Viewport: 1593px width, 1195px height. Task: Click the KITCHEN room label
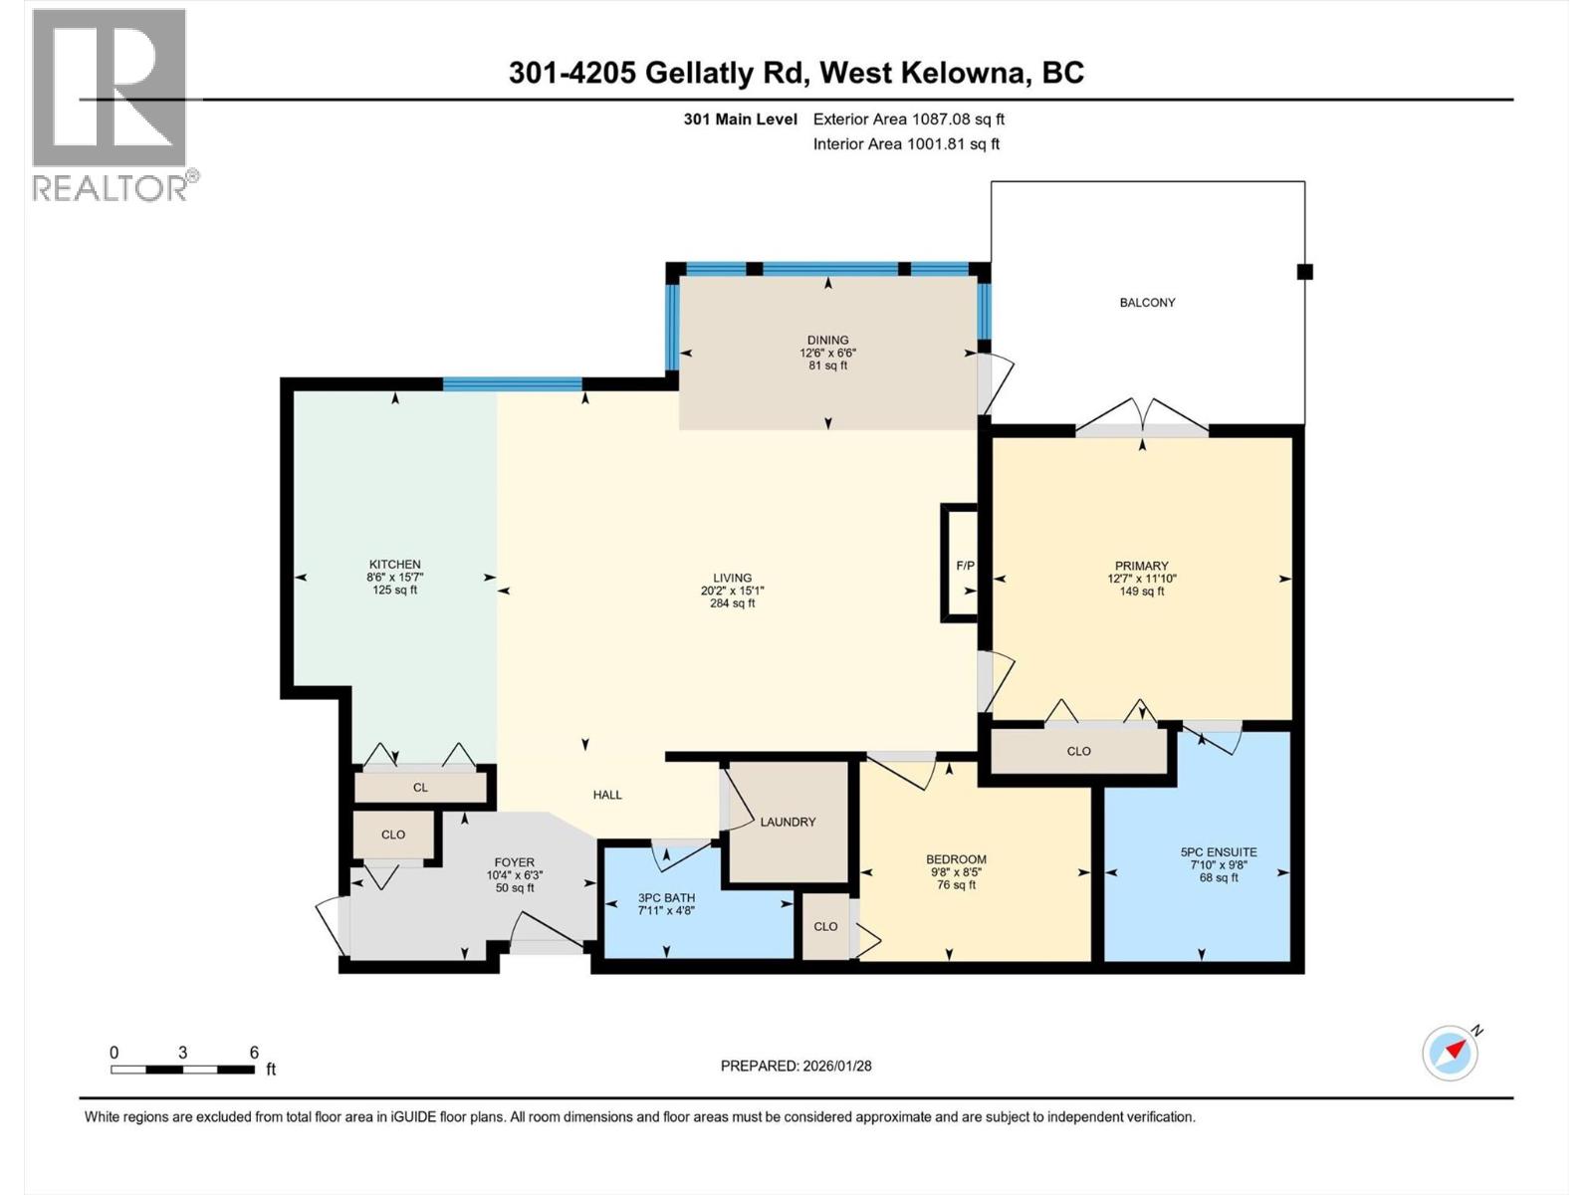394,564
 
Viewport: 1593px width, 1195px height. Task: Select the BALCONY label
1147,302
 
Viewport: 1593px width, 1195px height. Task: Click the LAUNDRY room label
788,822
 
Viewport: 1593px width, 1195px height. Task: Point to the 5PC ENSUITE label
1219,851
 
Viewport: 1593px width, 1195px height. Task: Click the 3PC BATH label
666,897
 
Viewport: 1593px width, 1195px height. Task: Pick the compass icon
1450,1053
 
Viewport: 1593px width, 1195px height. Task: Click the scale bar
182,1070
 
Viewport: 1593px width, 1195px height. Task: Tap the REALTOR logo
110,105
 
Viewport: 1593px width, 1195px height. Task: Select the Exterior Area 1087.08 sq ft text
908,119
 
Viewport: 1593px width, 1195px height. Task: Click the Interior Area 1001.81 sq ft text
906,143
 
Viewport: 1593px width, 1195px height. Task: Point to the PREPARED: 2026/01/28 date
796,1066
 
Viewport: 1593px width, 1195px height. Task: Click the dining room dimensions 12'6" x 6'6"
827,353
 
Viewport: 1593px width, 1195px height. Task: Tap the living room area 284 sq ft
732,602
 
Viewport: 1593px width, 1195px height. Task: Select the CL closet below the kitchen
420,787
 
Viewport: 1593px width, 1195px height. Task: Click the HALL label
607,794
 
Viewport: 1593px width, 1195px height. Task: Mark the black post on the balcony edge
1305,271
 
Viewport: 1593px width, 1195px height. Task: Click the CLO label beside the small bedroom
825,926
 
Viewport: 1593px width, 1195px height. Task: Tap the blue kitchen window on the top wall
512,383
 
